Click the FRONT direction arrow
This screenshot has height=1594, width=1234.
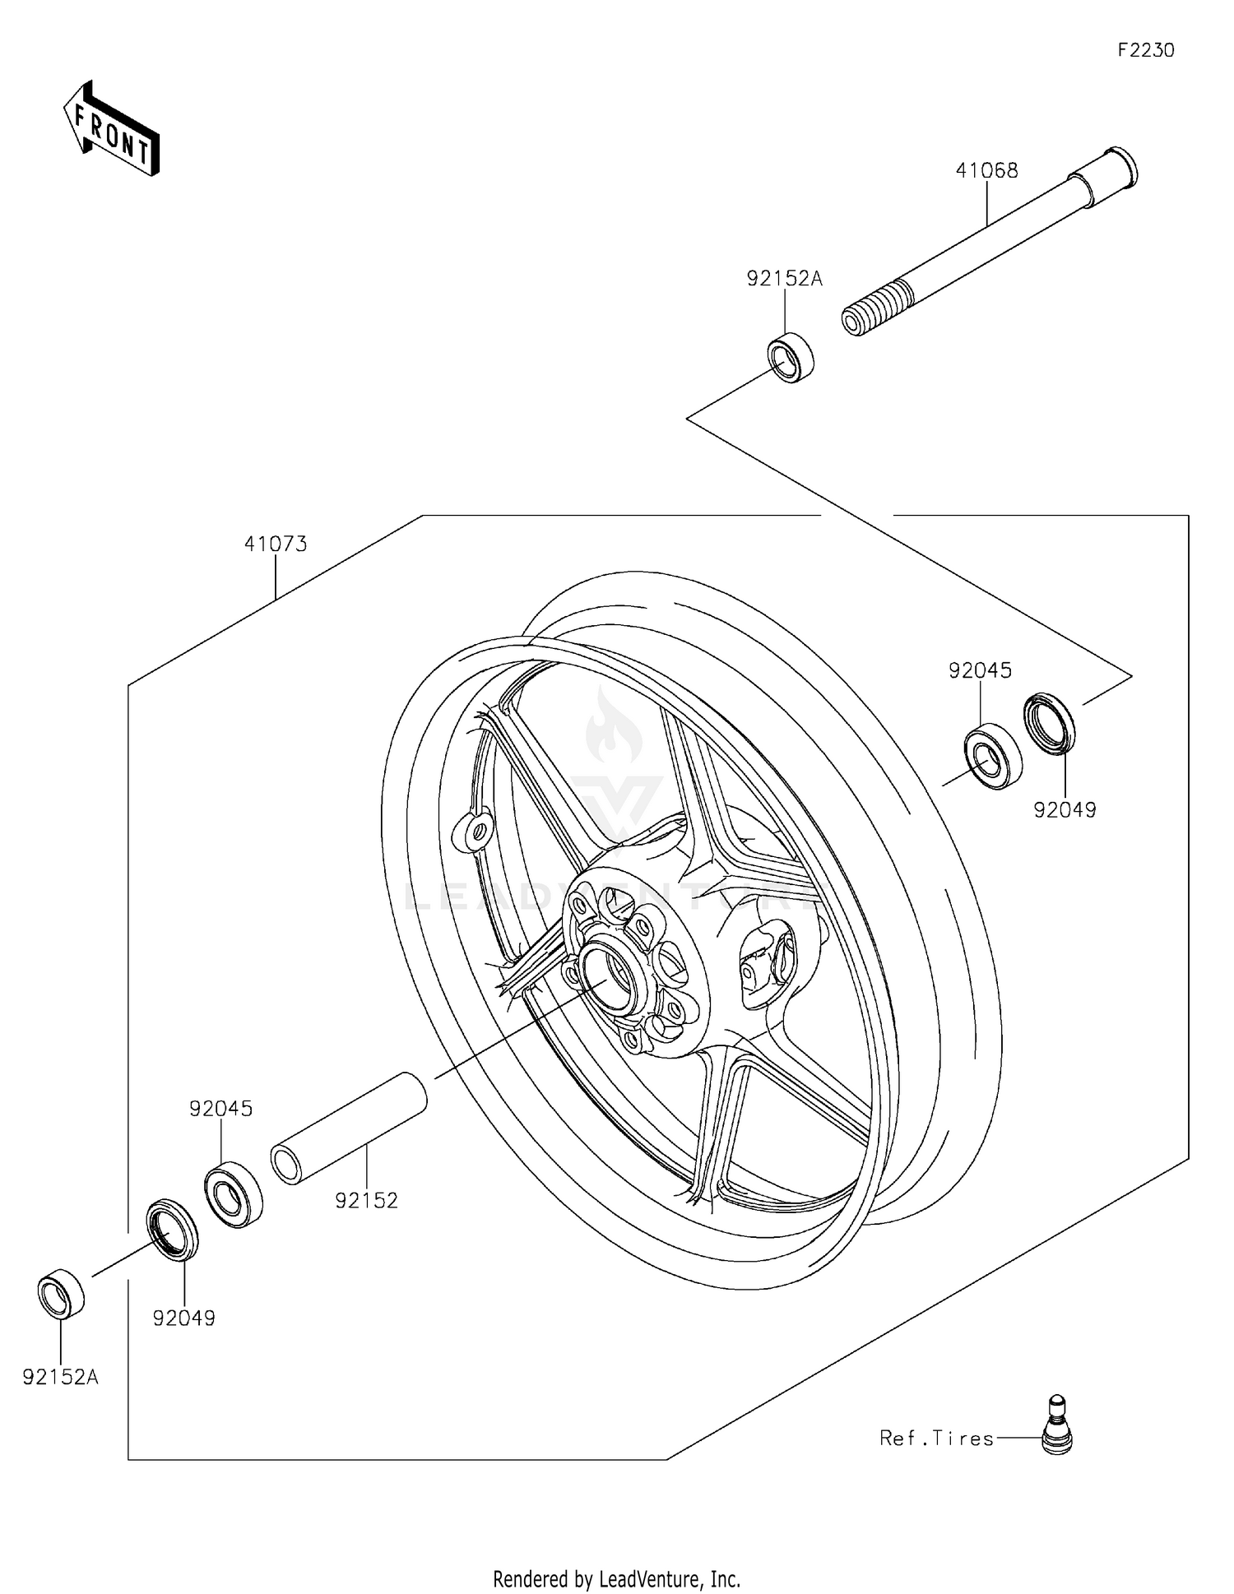pyautogui.click(x=111, y=129)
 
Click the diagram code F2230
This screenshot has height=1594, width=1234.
pyautogui.click(x=1145, y=50)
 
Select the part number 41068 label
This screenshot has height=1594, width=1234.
pyautogui.click(x=986, y=170)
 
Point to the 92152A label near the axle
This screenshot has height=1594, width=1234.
pyautogui.click(x=784, y=279)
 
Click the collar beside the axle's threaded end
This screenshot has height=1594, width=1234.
pyautogui.click(x=791, y=357)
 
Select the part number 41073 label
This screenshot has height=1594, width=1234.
pyautogui.click(x=276, y=544)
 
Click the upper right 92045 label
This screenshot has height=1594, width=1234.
pyautogui.click(x=980, y=670)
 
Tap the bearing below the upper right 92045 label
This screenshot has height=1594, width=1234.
pyautogui.click(x=992, y=756)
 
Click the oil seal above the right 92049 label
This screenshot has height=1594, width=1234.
pyautogui.click(x=1049, y=723)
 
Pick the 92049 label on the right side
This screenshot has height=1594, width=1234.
pyautogui.click(x=1065, y=810)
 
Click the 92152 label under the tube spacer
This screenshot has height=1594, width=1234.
pyautogui.click(x=366, y=1200)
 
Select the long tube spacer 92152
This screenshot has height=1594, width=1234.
pyautogui.click(x=349, y=1128)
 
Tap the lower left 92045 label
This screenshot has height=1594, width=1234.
pyautogui.click(x=220, y=1108)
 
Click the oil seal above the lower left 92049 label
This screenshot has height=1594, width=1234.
pyautogui.click(x=172, y=1229)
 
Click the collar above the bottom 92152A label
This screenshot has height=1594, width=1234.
pyautogui.click(x=61, y=1294)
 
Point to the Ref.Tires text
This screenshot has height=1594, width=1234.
pyautogui.click(x=936, y=1438)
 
